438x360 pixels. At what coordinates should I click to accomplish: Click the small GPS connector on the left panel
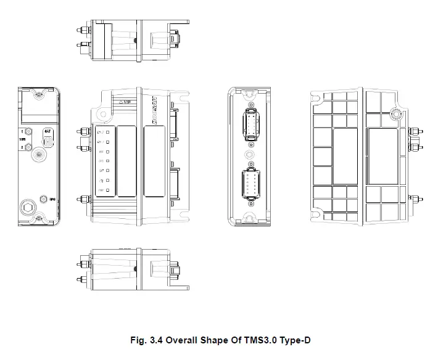tap(43, 198)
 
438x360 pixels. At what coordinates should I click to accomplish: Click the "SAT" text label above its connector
tap(47, 131)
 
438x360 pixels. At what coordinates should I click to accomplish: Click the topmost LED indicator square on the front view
tap(107, 132)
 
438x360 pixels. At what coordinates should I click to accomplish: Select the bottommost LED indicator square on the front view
tap(107, 191)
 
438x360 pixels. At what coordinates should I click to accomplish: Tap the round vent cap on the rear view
tap(396, 113)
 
